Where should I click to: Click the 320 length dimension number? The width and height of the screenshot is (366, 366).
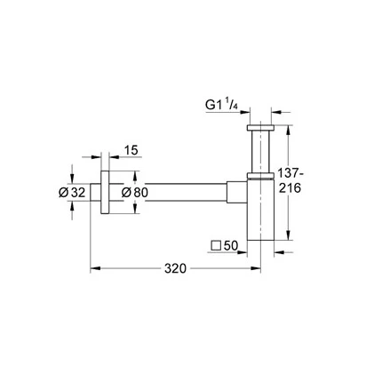175,268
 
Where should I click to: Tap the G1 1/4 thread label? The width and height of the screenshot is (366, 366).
222,105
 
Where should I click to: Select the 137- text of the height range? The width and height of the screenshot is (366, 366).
290,173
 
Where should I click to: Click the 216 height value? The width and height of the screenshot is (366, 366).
290,187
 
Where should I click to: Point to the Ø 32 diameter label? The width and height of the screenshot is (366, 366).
72,193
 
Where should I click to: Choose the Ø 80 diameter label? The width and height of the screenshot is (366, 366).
135,193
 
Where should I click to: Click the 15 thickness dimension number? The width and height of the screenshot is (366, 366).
131,150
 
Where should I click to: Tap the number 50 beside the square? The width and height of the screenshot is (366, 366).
231,245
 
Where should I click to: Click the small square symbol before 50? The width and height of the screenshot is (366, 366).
216,246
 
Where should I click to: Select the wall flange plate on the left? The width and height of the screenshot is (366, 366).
105,192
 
